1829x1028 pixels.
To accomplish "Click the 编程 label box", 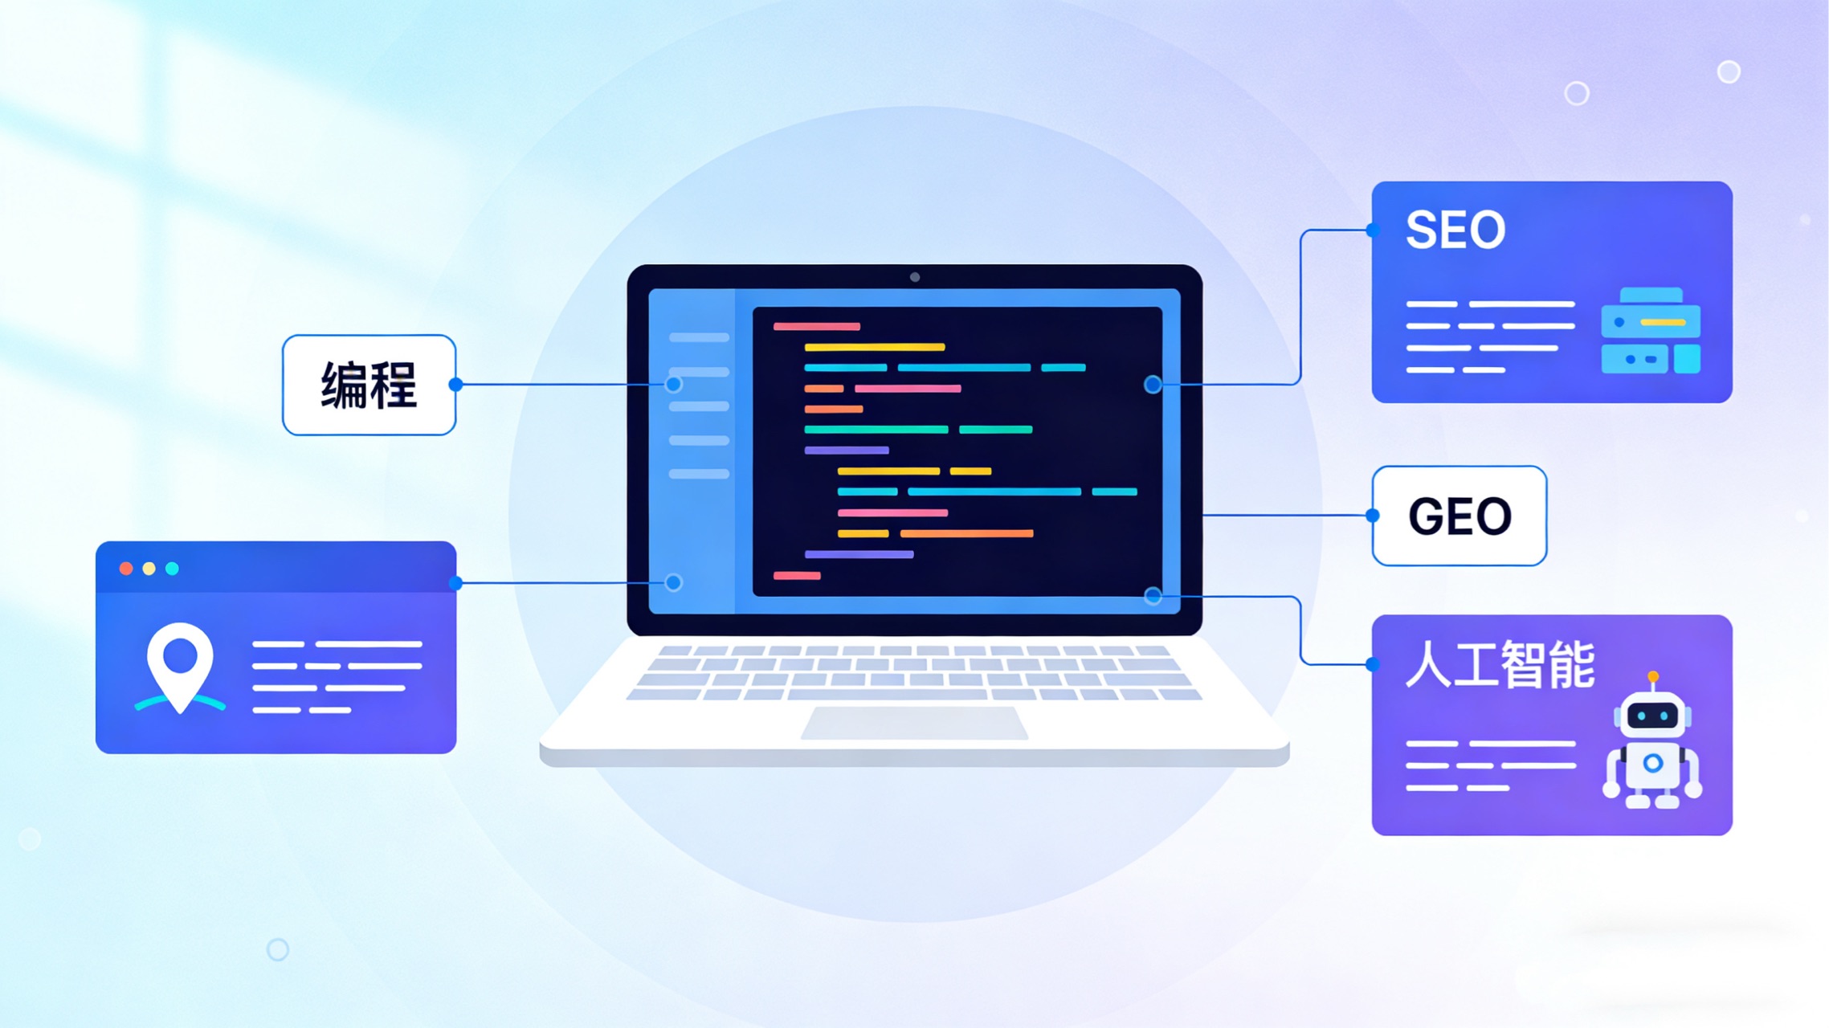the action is click(x=369, y=385).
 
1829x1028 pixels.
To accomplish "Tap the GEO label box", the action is click(x=1459, y=516).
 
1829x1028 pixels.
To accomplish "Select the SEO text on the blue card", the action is click(x=1455, y=230).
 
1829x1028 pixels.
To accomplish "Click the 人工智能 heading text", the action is click(x=1499, y=665).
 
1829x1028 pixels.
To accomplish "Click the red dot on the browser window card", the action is click(x=126, y=569).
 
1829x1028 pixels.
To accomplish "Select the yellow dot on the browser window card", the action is click(x=149, y=569).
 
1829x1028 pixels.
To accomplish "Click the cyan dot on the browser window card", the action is click(x=172, y=569).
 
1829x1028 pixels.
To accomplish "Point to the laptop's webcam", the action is click(x=914, y=277).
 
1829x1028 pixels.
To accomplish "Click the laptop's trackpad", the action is click(x=914, y=723).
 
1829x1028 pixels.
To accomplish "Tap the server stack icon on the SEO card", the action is click(x=1650, y=331).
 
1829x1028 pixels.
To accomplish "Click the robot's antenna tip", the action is click(x=1652, y=677).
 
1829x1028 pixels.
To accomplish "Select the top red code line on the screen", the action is click(x=816, y=327).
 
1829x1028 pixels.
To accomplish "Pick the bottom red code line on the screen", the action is click(x=797, y=576).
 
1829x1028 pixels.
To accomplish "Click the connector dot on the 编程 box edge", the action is click(x=455, y=385).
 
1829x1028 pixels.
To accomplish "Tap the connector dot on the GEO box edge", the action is click(x=1373, y=516).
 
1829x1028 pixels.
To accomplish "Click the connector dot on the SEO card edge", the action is click(x=1373, y=230).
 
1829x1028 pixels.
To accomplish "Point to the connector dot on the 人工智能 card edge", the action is click(x=1373, y=664).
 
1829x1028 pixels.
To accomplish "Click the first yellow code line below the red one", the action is click(x=874, y=348).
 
